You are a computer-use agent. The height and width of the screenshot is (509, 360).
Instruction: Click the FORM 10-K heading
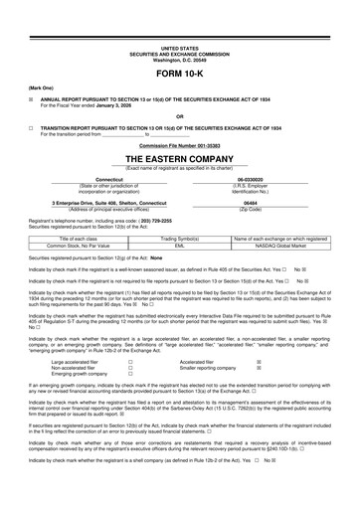pos(179,75)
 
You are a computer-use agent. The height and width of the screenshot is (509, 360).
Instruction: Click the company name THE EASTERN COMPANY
pos(179,158)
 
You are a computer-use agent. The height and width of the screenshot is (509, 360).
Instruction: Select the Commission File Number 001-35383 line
pos(179,143)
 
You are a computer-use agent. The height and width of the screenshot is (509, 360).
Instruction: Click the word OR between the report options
pos(179,115)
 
